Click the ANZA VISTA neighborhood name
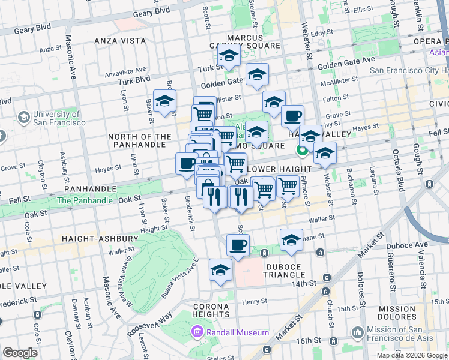click(x=120, y=41)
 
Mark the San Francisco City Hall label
click(x=408, y=70)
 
